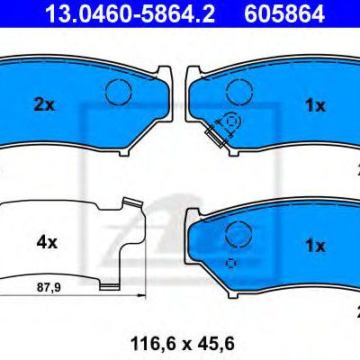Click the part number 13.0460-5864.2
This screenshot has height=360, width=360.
(130, 14)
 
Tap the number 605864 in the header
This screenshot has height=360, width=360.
(284, 14)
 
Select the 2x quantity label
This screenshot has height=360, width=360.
(44, 105)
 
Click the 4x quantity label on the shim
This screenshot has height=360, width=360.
(47, 242)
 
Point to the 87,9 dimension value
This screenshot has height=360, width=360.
(49, 288)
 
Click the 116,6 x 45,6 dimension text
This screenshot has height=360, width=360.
(182, 344)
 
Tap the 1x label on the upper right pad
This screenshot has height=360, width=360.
(315, 105)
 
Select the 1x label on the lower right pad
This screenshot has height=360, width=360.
(315, 246)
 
